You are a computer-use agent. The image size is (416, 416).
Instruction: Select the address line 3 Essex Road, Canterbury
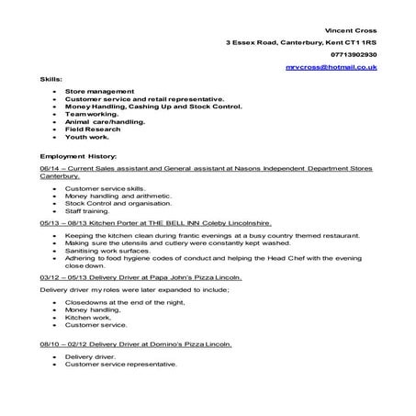click(x=301, y=42)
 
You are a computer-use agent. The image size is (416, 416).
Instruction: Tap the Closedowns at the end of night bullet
click(x=122, y=302)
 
